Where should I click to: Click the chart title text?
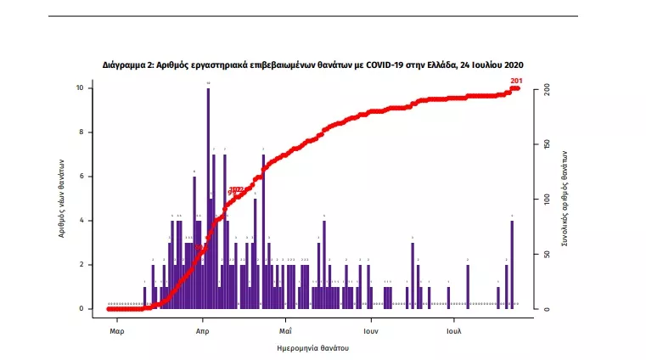coord(312,65)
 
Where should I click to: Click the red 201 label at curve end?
coord(516,81)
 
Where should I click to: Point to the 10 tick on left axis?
coord(79,88)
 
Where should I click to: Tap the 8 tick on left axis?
coord(81,132)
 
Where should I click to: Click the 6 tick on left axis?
coord(81,177)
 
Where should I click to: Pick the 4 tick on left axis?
coord(81,221)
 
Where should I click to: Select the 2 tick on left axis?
coord(81,265)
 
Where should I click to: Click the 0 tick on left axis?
coord(81,309)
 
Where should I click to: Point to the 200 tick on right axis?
coord(548,88)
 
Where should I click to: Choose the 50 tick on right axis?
coord(548,254)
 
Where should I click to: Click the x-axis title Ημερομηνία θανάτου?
coord(313,348)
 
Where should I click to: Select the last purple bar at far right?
coord(512,264)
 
